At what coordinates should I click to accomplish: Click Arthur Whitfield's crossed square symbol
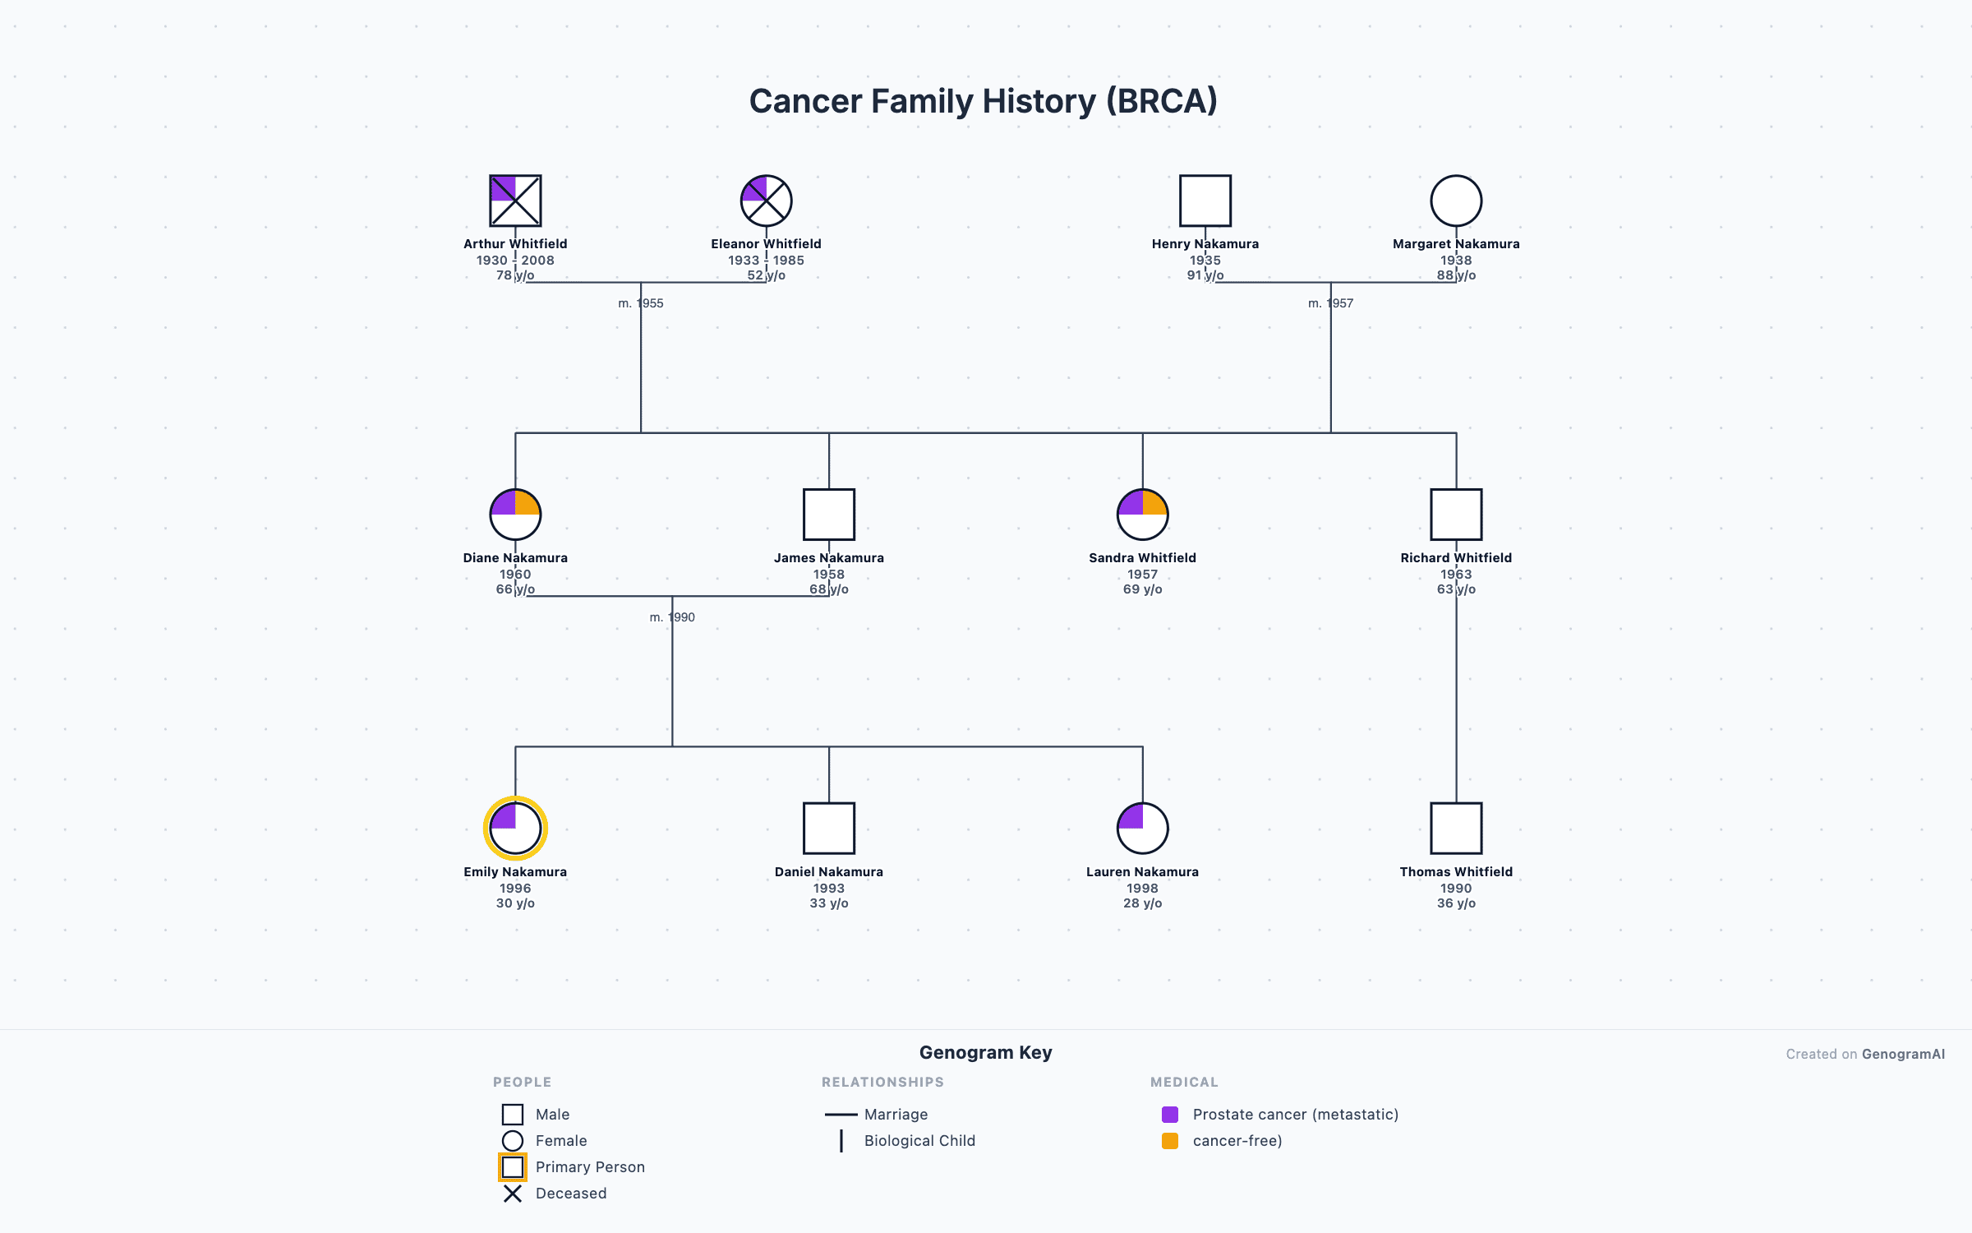point(515,201)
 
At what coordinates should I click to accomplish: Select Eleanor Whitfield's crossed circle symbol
point(766,201)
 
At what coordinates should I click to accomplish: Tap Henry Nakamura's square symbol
point(1205,201)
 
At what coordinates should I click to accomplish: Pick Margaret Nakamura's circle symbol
point(1456,201)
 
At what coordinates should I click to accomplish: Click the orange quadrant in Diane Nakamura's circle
point(527,503)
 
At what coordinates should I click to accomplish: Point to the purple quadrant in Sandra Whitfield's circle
point(1131,503)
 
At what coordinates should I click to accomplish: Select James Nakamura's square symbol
point(828,515)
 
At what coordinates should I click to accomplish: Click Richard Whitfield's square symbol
point(1456,515)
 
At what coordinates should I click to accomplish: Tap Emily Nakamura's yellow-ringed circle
point(515,829)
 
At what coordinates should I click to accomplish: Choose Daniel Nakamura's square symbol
point(828,829)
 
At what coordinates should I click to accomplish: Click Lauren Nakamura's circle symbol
point(1142,829)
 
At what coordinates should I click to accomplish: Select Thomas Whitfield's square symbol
point(1456,829)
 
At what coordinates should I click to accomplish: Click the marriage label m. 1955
point(641,303)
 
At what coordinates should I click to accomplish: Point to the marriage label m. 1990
point(672,617)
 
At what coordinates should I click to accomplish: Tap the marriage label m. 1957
point(1330,303)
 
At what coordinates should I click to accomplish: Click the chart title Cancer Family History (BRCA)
point(983,101)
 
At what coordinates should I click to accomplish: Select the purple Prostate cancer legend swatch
point(1170,1115)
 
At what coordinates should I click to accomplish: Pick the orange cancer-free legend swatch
point(1170,1141)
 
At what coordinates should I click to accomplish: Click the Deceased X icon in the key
point(513,1194)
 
